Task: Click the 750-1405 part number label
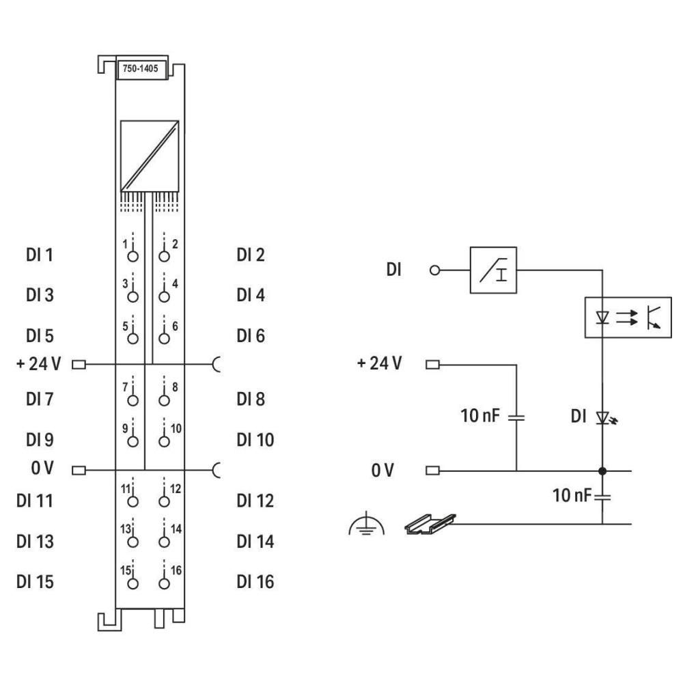pyautogui.click(x=140, y=68)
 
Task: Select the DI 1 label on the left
pyautogui.click(x=40, y=255)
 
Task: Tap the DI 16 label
pyautogui.click(x=255, y=582)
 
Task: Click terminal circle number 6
pyautogui.click(x=164, y=339)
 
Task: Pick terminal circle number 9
pyautogui.click(x=133, y=441)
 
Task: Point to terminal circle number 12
pyautogui.click(x=164, y=501)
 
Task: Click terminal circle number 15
pyautogui.click(x=133, y=584)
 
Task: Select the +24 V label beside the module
pyautogui.click(x=39, y=363)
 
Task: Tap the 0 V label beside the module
pyautogui.click(x=42, y=469)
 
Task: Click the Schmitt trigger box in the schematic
pyautogui.click(x=493, y=270)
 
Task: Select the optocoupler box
pyautogui.click(x=628, y=317)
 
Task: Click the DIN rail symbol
pyautogui.click(x=430, y=524)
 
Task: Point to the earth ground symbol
pyautogui.click(x=366, y=524)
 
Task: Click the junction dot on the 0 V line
pyautogui.click(x=602, y=471)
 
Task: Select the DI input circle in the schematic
pyautogui.click(x=434, y=270)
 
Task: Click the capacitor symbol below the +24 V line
pyautogui.click(x=516, y=417)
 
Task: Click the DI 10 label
pyautogui.click(x=255, y=440)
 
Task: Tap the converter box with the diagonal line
pyautogui.click(x=150, y=156)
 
